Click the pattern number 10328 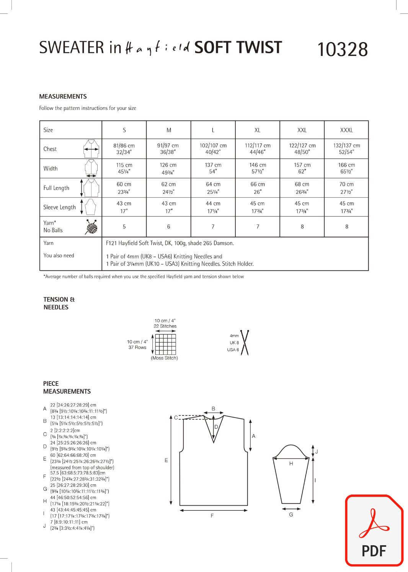(343, 50)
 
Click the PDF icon (374, 530)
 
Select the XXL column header (302, 130)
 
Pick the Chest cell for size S (124, 149)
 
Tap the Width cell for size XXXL (346, 168)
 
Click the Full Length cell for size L (213, 188)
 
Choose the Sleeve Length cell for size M (168, 207)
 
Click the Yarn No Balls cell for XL (258, 227)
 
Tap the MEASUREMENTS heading (63, 97)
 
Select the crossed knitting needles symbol (244, 342)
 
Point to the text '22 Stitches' (165, 326)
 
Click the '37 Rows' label (137, 347)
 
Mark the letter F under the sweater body (212, 516)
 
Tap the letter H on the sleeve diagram (291, 464)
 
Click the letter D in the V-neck (216, 427)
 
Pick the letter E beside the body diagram (166, 460)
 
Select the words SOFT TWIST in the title (238, 48)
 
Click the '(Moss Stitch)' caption (164, 358)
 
